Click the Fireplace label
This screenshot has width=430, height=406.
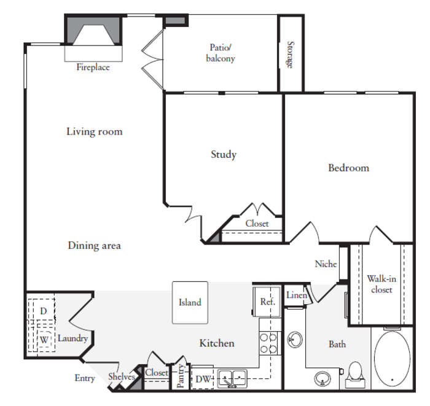click(x=93, y=67)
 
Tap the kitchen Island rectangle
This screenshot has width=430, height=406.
click(x=190, y=303)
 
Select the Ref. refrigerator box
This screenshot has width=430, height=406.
click(x=267, y=302)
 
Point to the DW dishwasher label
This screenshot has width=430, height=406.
click(x=203, y=379)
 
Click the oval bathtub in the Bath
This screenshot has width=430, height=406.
click(x=392, y=359)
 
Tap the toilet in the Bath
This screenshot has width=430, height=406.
click(x=355, y=375)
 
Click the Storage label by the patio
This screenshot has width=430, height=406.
click(x=290, y=55)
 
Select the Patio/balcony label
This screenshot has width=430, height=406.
click(x=221, y=53)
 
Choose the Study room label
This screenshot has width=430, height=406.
click(x=224, y=155)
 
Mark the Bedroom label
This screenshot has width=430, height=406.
click(x=348, y=168)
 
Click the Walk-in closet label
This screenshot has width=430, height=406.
click(x=381, y=284)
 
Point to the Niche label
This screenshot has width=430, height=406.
click(x=326, y=264)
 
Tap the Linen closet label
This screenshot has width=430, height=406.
click(x=297, y=295)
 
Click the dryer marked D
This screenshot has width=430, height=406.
click(x=44, y=311)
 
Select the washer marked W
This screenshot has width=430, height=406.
click(x=44, y=340)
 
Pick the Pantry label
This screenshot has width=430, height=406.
click(x=181, y=376)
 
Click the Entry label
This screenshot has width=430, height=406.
click(x=85, y=378)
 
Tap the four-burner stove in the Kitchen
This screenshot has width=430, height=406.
click(x=270, y=343)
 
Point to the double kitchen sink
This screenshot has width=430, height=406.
click(x=232, y=378)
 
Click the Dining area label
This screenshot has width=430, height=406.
click(x=95, y=245)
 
